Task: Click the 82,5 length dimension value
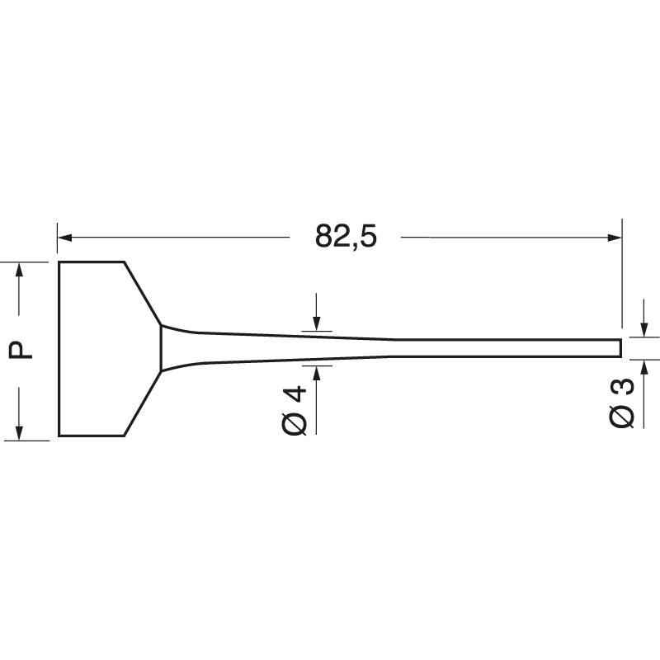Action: click(345, 237)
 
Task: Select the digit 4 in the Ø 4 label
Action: click(297, 394)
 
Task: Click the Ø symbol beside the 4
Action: click(296, 423)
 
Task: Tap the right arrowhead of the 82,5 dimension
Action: click(615, 238)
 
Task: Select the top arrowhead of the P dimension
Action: click(20, 269)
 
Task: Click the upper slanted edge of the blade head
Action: click(142, 293)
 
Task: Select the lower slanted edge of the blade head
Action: click(142, 403)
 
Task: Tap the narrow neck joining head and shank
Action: click(162, 347)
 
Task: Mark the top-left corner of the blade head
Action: click(59, 262)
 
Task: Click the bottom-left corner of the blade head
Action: click(59, 435)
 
